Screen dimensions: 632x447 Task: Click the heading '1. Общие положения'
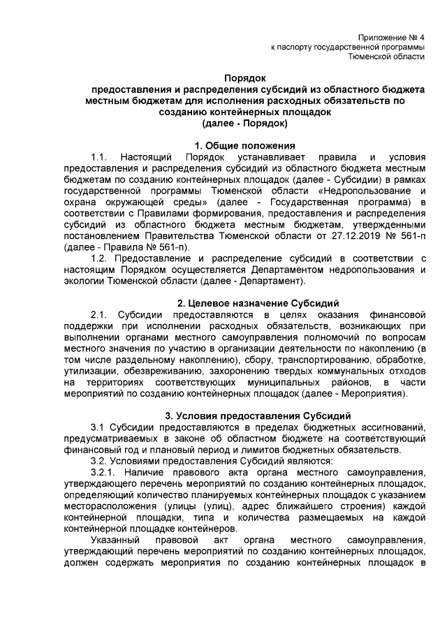pyautogui.click(x=244, y=145)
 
